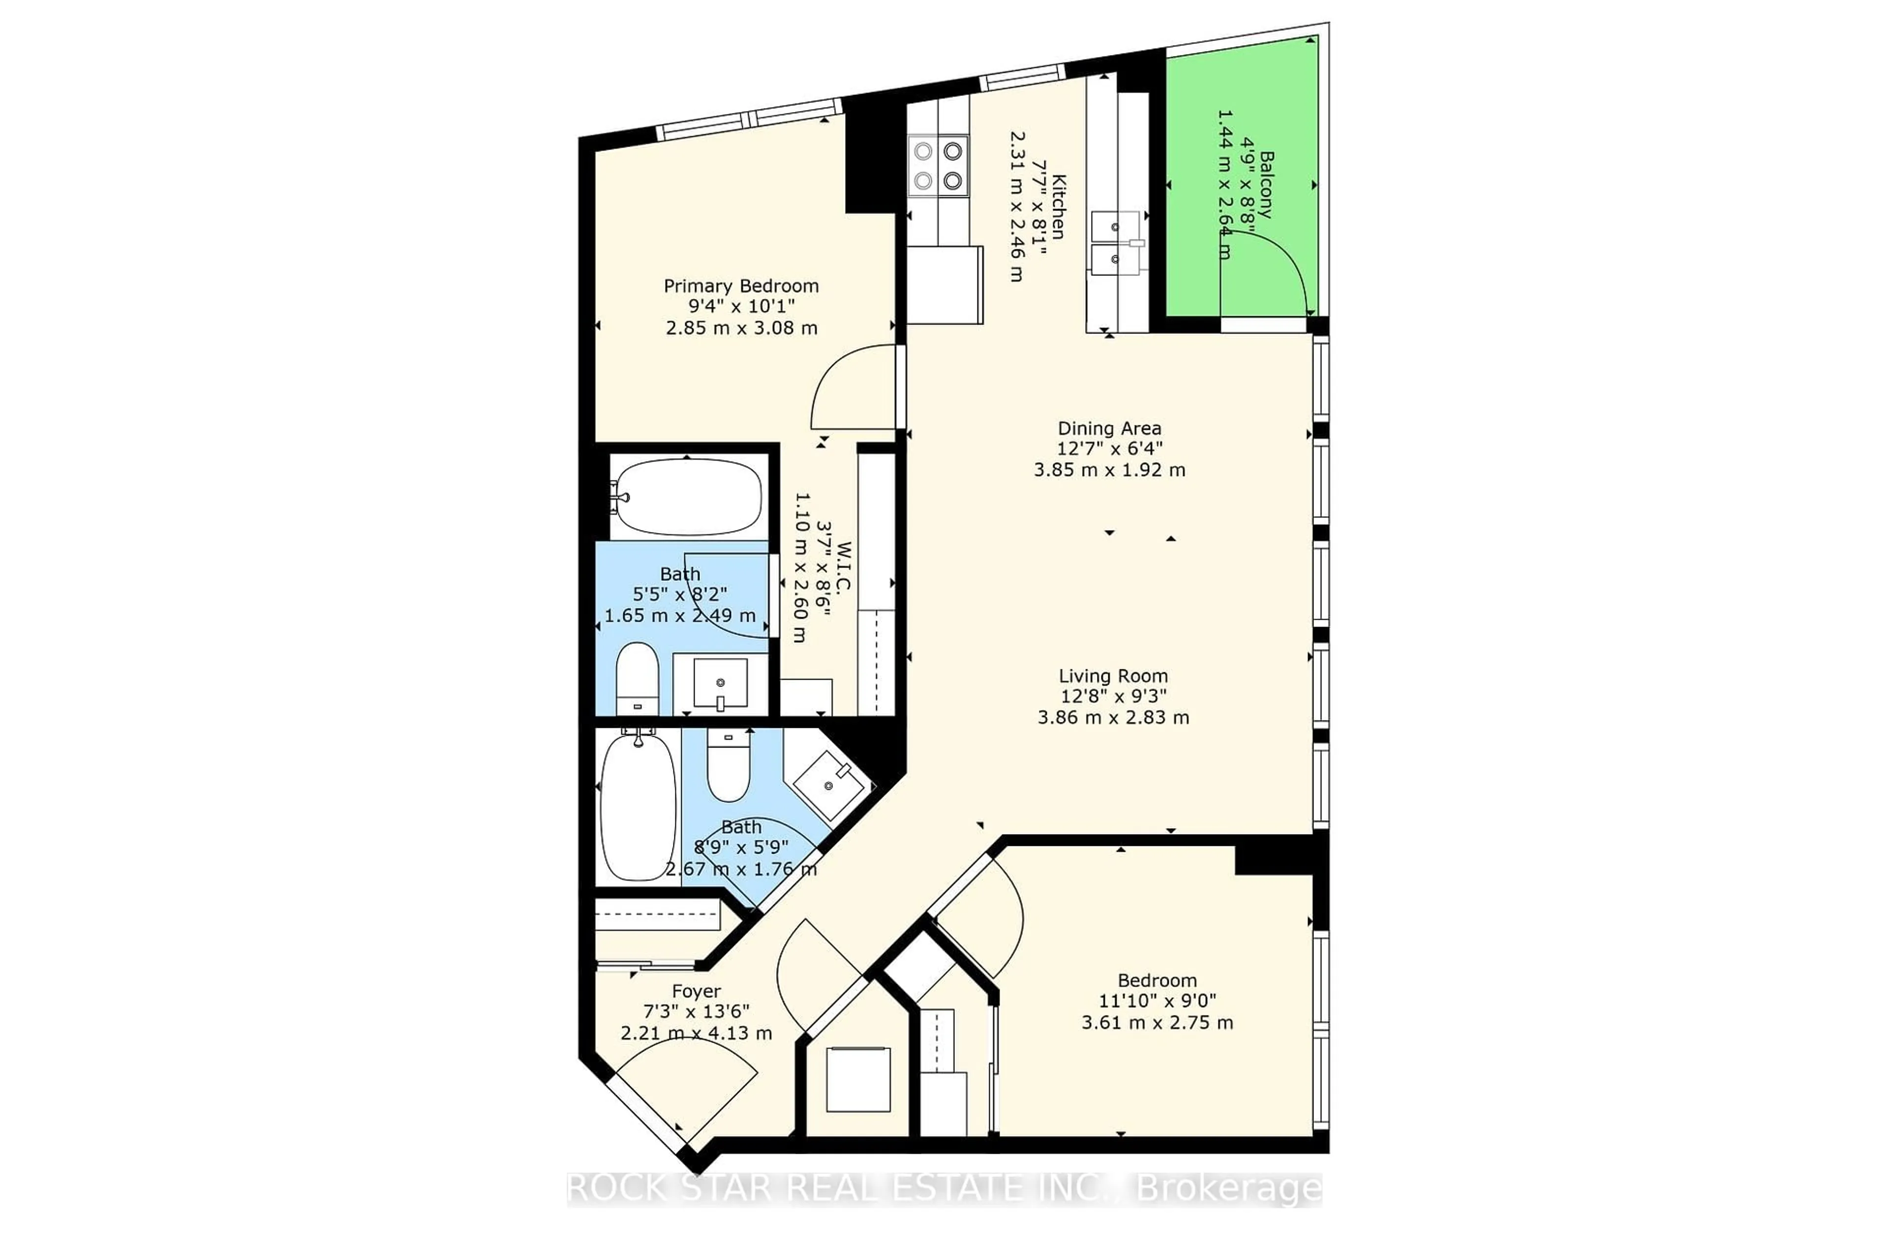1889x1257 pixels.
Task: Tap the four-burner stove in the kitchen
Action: click(938, 166)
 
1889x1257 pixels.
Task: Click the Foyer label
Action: click(696, 991)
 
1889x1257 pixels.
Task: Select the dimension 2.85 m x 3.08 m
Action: click(742, 328)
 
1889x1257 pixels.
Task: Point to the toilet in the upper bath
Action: click(638, 678)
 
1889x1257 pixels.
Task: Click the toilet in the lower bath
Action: click(728, 765)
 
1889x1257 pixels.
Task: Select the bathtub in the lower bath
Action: click(638, 806)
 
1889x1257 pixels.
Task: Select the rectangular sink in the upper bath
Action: click(720, 683)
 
